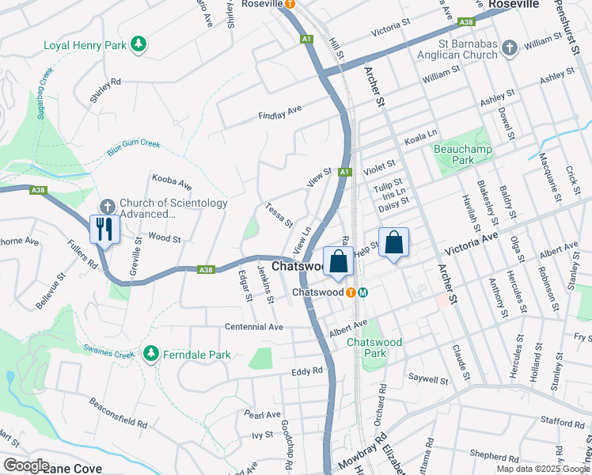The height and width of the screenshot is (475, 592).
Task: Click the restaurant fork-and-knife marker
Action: click(x=104, y=230)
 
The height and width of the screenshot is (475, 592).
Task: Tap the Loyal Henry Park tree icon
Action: click(x=139, y=44)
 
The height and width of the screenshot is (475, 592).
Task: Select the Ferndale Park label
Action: click(x=197, y=355)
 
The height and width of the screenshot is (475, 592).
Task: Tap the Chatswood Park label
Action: click(x=374, y=348)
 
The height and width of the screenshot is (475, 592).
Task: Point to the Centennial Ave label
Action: click(x=253, y=327)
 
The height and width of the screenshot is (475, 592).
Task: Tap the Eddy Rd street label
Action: click(x=307, y=370)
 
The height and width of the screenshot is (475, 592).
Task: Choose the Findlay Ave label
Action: click(x=280, y=112)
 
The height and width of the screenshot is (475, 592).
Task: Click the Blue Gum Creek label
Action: click(x=133, y=147)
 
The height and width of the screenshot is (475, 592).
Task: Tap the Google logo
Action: click(x=25, y=465)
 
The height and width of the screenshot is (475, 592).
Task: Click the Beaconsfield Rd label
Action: click(x=118, y=412)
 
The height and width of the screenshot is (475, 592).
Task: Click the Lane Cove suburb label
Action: click(x=73, y=469)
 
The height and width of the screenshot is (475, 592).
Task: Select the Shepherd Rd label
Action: click(x=493, y=456)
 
